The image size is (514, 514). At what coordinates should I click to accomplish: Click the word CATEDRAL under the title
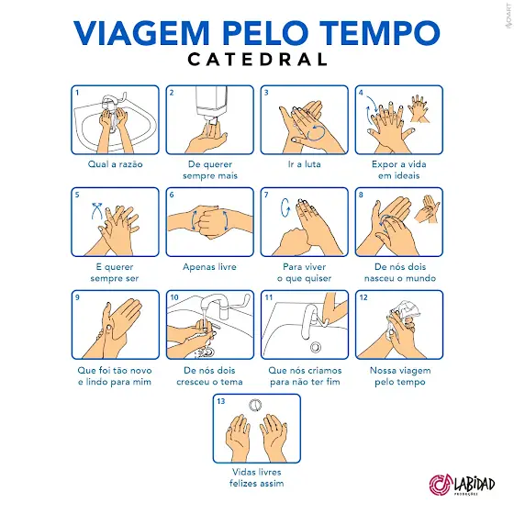[257, 60]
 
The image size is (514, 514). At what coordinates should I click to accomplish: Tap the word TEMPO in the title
[380, 33]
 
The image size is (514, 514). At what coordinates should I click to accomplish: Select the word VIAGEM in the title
[141, 33]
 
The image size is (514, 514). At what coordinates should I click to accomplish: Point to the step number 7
[266, 195]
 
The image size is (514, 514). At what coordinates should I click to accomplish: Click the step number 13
[221, 401]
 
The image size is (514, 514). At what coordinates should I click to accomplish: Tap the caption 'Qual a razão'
[115, 164]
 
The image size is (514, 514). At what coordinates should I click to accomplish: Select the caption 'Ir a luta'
[304, 164]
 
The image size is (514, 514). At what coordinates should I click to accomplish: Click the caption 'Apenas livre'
[209, 266]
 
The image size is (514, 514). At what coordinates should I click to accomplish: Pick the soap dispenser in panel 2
[212, 105]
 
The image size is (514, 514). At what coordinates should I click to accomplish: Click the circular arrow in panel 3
[316, 133]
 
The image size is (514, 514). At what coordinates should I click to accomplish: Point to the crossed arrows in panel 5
[96, 211]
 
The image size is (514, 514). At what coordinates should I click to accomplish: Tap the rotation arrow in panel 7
[285, 207]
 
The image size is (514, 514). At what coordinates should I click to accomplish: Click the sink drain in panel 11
[316, 347]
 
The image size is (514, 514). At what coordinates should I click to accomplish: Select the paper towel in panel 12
[403, 316]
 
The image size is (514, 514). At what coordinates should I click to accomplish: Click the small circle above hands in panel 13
[255, 405]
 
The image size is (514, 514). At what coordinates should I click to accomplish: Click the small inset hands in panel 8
[427, 209]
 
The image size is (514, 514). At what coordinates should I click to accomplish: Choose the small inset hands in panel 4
[419, 109]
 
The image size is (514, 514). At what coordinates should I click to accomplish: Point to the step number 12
[363, 297]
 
